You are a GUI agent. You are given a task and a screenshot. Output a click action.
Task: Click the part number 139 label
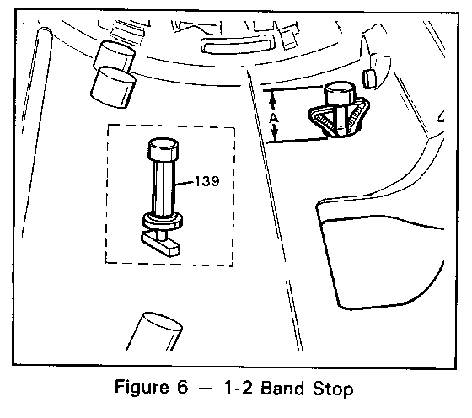[x=207, y=181]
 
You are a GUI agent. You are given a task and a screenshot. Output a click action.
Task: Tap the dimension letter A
[x=274, y=118]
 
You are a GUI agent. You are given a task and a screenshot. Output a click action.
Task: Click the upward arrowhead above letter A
[x=273, y=99]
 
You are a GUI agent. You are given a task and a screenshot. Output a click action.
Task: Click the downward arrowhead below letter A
[x=275, y=132]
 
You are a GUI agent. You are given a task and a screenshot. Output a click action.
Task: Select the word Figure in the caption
[x=142, y=388]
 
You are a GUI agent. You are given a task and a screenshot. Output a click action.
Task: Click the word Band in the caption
[x=282, y=388]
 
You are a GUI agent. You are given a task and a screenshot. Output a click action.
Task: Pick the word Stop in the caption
[x=333, y=389]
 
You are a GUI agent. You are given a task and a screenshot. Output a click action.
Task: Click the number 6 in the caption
[x=182, y=388]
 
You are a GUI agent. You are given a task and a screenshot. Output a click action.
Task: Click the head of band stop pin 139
[x=164, y=149]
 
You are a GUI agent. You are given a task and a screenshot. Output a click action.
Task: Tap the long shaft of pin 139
[x=164, y=187]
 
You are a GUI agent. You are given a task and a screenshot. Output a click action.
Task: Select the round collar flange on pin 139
[x=163, y=221]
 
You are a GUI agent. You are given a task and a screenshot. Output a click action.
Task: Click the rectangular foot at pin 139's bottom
[x=160, y=244]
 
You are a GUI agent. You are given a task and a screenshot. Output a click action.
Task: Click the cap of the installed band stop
[x=340, y=94]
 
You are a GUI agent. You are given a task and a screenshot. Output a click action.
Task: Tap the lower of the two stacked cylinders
[x=113, y=88]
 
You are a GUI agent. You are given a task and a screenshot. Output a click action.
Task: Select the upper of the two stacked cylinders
[x=115, y=56]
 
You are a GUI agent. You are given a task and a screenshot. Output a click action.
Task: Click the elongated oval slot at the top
[x=238, y=46]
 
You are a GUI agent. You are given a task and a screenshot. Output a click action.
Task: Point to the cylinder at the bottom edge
[x=154, y=332]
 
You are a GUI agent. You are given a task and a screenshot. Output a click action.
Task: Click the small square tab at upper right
[x=369, y=79]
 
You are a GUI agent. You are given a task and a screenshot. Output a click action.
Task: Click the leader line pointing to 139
[x=185, y=183]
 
